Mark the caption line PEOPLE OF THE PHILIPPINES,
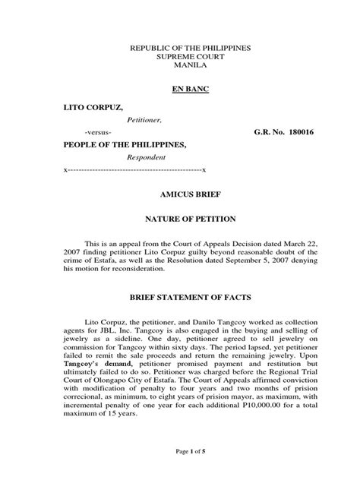pyautogui.click(x=124, y=144)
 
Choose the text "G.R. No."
pyautogui.click(x=267, y=131)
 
